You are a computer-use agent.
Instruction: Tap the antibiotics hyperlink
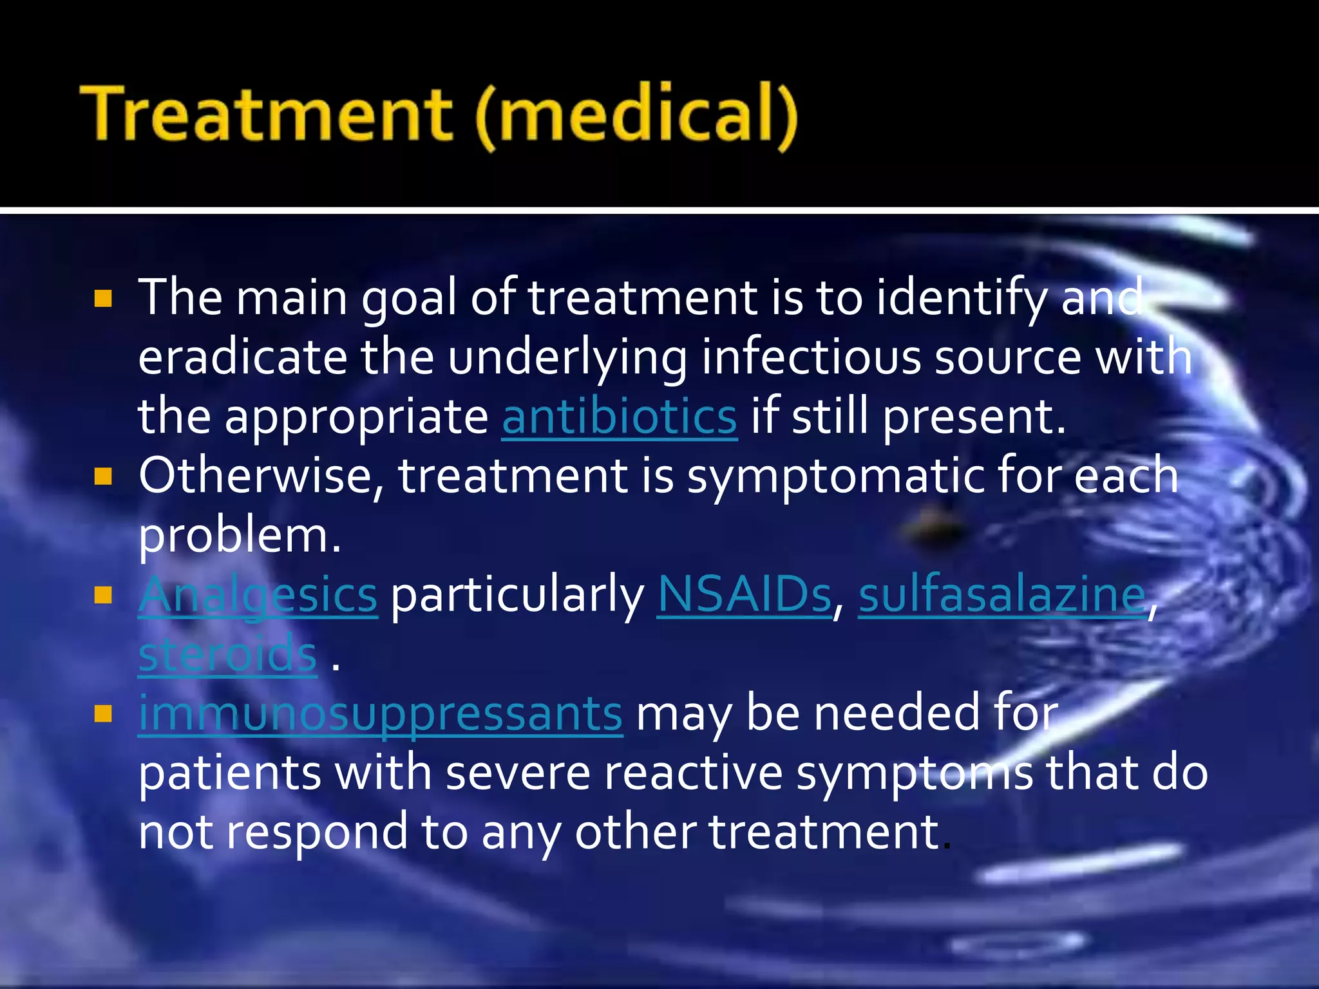pyautogui.click(x=619, y=417)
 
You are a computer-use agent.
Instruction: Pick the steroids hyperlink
pyautogui.click(x=227, y=654)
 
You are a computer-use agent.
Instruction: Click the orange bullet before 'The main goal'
pyautogui.click(x=103, y=299)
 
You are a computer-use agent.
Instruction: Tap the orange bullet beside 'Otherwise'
pyautogui.click(x=103, y=477)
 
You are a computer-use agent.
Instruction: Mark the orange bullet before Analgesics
pyautogui.click(x=103, y=596)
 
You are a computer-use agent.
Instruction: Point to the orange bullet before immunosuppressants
pyautogui.click(x=103, y=714)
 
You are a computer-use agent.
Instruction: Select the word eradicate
pyautogui.click(x=242, y=357)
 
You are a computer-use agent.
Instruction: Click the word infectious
pyautogui.click(x=811, y=357)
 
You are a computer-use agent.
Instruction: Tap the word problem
pyautogui.click(x=238, y=536)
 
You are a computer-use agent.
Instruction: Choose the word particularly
pyautogui.click(x=517, y=596)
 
